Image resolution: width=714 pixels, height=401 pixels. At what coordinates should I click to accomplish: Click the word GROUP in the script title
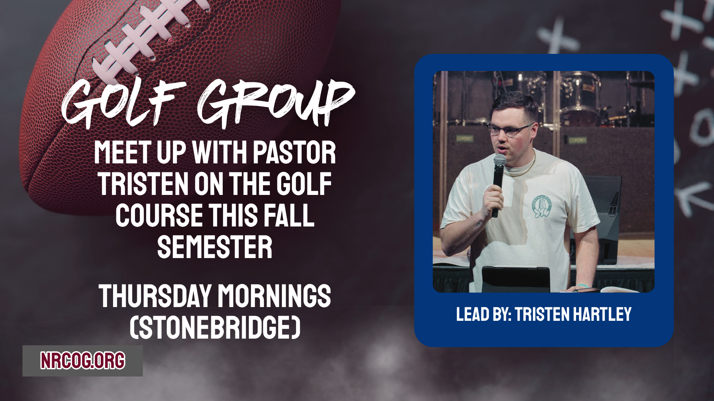pos(276,103)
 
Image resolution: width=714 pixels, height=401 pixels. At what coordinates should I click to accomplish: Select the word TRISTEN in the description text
pos(143,184)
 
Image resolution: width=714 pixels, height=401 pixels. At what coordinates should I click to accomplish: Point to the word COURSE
pos(159,215)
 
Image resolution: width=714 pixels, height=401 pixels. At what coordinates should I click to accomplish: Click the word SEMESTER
pos(215,247)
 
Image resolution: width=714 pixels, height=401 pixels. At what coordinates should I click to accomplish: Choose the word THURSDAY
pos(155,296)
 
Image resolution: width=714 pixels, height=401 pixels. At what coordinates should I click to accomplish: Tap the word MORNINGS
pos(274,296)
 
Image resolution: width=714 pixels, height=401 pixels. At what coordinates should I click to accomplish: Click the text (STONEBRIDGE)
pos(215,327)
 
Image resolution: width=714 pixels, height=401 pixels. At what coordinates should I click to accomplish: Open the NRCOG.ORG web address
pos(83,361)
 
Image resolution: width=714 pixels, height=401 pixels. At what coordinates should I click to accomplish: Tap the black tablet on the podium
pos(516,279)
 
